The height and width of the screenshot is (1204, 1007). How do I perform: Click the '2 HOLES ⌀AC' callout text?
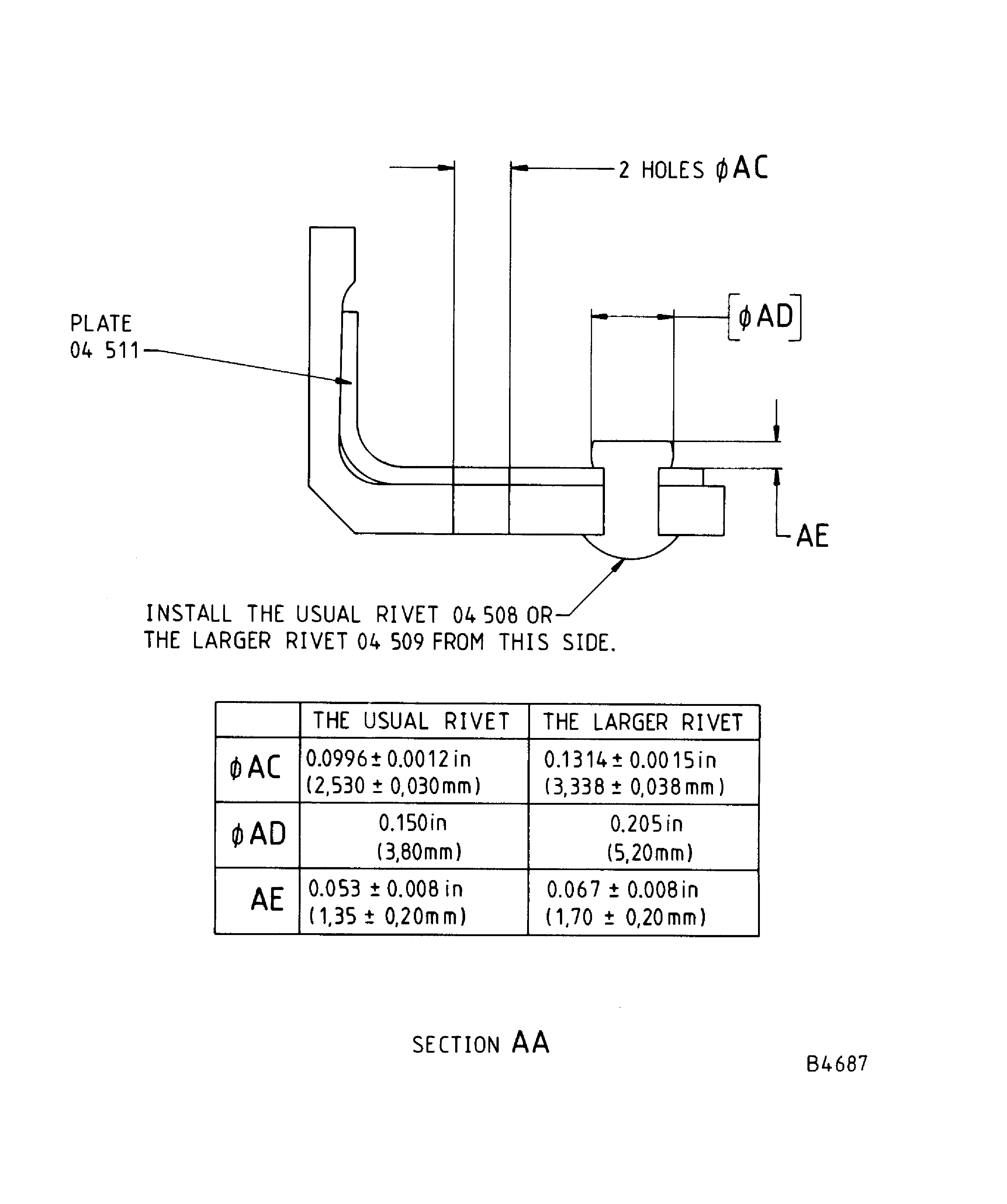(692, 169)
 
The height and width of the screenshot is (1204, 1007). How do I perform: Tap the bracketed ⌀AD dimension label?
(765, 317)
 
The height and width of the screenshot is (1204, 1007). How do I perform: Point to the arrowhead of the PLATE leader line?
(343, 381)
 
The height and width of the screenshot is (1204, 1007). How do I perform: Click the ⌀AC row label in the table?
(256, 768)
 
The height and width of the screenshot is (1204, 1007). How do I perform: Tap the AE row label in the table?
(267, 899)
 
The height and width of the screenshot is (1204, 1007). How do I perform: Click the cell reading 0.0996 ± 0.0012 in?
(388, 759)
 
